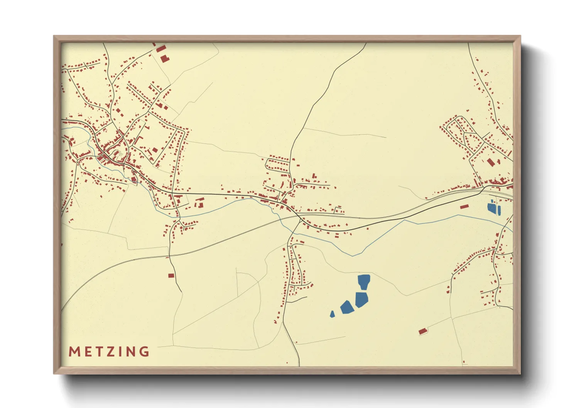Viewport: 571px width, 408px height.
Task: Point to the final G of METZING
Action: click(x=145, y=352)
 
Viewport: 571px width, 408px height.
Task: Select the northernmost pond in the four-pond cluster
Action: click(x=364, y=281)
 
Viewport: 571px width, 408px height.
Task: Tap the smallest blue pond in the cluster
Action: click(x=332, y=314)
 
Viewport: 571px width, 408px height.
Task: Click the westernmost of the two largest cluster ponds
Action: click(x=347, y=307)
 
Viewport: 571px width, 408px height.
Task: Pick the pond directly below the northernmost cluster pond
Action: click(x=361, y=299)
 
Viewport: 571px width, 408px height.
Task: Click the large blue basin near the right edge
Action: click(x=492, y=208)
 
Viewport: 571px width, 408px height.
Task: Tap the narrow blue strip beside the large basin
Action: click(x=499, y=210)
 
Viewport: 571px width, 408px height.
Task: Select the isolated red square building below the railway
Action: click(x=171, y=275)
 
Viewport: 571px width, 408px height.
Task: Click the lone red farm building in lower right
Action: click(x=423, y=331)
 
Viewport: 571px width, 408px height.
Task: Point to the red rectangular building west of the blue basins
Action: click(x=464, y=207)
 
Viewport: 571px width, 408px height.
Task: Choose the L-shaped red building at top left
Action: click(x=164, y=58)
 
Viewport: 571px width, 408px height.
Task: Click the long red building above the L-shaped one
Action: click(x=161, y=49)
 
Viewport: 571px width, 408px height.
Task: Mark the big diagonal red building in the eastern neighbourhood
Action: click(x=490, y=162)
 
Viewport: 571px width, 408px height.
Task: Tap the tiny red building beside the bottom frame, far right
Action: click(x=464, y=362)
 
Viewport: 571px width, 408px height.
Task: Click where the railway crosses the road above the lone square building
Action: click(x=169, y=255)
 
